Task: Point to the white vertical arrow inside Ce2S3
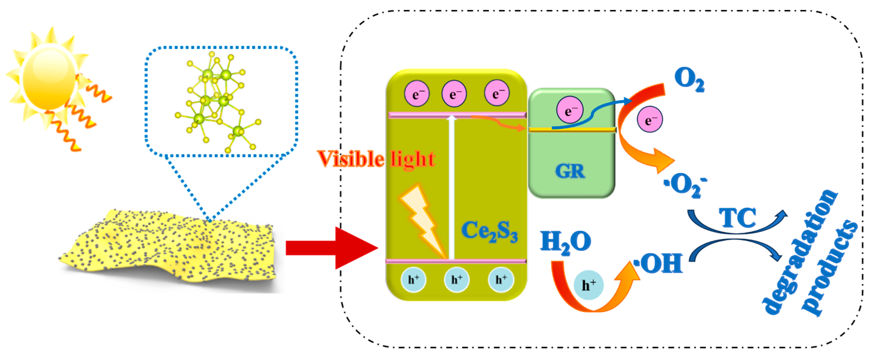tap(451, 186)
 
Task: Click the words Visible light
tap(376, 159)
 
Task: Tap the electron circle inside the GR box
tap(570, 110)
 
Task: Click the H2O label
tap(565, 242)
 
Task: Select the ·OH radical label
tap(658, 263)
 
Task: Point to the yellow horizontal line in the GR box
tap(572, 130)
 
